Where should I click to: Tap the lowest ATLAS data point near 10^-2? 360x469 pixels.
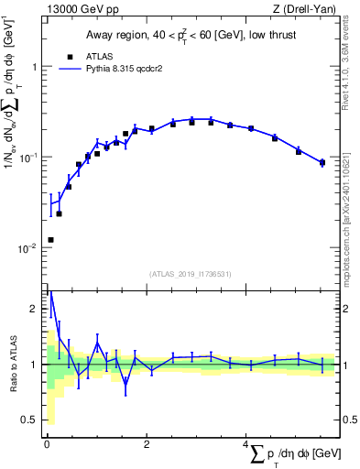pos(49,240)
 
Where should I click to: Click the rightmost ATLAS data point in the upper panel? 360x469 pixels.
pos(322,163)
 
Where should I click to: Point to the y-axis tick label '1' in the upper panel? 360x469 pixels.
pos(34,67)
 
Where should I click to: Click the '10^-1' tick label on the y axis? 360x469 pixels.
pos(27,158)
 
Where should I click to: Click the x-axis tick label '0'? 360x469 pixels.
pos(46,444)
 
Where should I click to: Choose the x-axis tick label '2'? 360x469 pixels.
pos(147,444)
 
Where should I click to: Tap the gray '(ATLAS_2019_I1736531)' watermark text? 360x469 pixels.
pos(190,274)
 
